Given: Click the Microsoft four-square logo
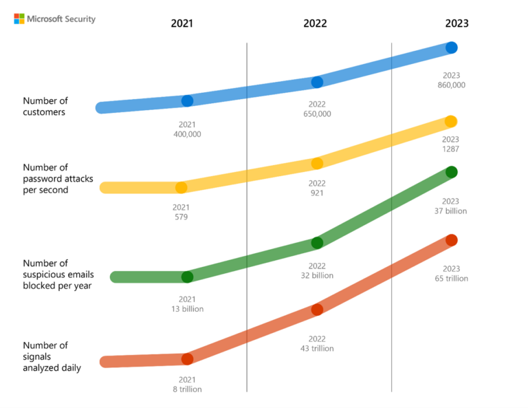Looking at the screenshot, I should tap(19, 19).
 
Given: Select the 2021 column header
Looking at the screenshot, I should tap(182, 23).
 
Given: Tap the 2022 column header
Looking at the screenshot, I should tap(315, 23).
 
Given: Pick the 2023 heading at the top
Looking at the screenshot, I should tap(456, 23).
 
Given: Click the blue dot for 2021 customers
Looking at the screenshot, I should tap(187, 101).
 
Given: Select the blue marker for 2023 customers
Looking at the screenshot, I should tap(452, 47).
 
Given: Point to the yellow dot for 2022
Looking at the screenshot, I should tap(317, 163).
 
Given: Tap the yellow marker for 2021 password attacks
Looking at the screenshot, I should tap(181, 187).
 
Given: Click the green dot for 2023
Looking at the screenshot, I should tap(451, 171).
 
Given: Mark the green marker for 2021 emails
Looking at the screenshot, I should tap(187, 277).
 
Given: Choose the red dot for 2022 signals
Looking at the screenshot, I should tap(317, 310).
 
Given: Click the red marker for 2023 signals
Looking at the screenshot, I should tap(451, 239).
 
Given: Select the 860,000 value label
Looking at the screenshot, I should tap(451, 85).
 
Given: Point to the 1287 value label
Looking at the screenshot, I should tap(451, 149).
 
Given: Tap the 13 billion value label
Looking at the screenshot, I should tap(187, 309).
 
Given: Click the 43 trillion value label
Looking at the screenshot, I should tap(317, 349).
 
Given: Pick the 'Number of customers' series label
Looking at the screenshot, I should tap(45, 106).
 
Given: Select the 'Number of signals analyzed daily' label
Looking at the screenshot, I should tap(52, 356).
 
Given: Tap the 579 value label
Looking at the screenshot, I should tap(181, 217).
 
